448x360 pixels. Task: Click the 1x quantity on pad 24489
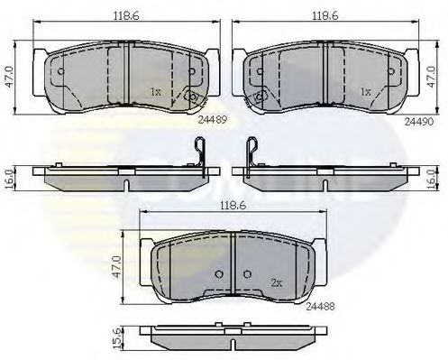(155, 91)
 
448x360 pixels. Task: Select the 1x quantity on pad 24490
(366, 91)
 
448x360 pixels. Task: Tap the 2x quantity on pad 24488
(276, 282)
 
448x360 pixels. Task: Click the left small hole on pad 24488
(216, 274)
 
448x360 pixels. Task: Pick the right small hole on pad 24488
(246, 274)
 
